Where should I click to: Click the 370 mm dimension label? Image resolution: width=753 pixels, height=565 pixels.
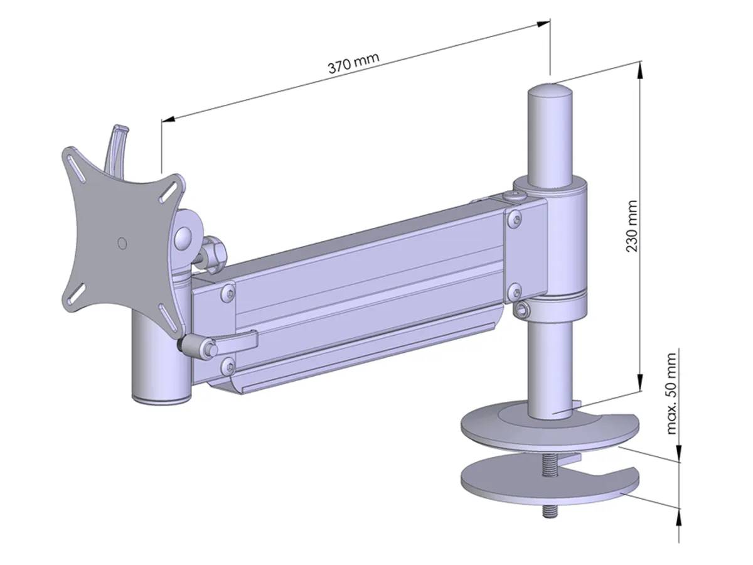[x=353, y=63]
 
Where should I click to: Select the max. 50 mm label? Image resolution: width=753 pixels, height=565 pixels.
[x=672, y=394]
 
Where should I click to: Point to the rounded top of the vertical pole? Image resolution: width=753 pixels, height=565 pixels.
[x=550, y=92]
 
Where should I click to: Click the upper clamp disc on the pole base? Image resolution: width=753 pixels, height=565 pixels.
[x=546, y=433]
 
